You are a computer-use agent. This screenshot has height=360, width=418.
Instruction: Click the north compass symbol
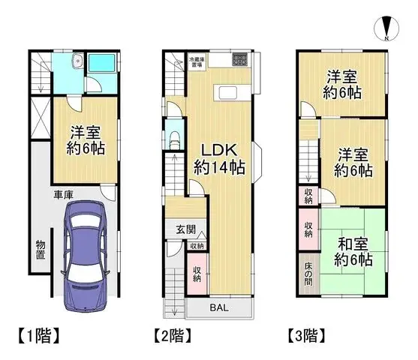pyautogui.click(x=384, y=28)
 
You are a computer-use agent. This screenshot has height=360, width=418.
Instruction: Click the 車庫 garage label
pyautogui.click(x=62, y=194)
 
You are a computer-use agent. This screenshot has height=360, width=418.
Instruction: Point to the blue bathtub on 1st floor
pyautogui.click(x=104, y=65)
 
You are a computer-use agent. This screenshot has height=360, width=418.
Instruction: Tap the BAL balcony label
pyautogui.click(x=220, y=307)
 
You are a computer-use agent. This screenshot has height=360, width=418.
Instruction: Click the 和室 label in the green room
pyautogui.click(x=353, y=244)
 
